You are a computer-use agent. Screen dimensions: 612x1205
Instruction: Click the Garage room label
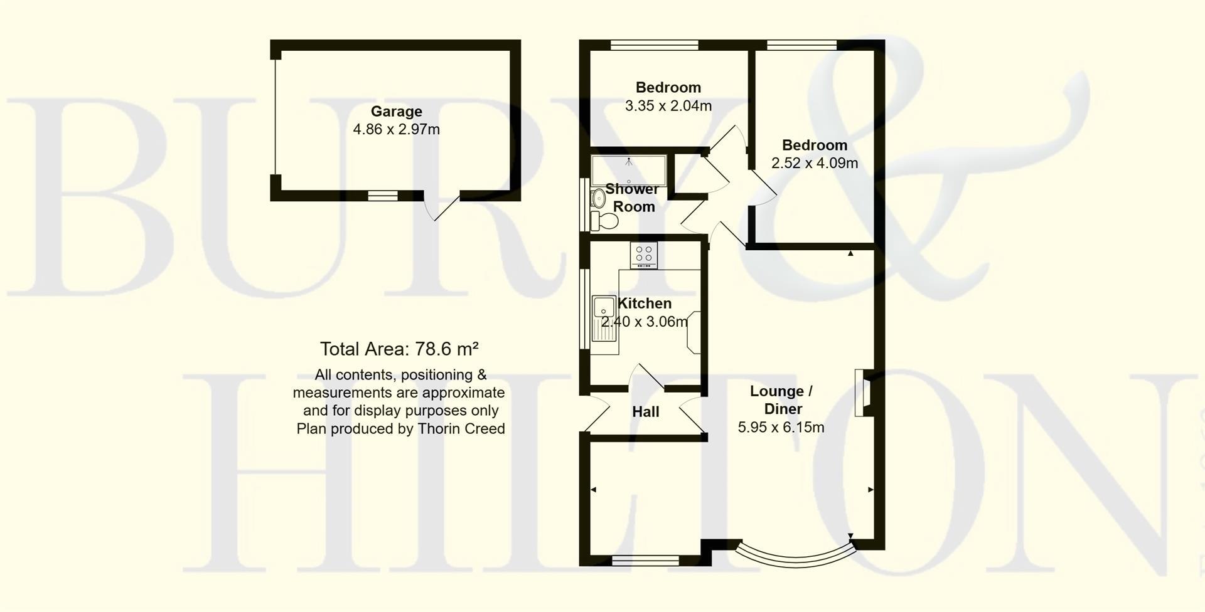tap(396, 112)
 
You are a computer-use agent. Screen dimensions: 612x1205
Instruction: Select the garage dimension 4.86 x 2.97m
tap(396, 130)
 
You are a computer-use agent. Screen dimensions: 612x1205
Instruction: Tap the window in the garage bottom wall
tap(383, 196)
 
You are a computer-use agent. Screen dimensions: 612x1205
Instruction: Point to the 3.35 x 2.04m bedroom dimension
tap(668, 106)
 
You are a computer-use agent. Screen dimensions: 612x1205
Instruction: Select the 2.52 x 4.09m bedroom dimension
tap(814, 163)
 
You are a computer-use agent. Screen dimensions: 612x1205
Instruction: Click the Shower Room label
tap(633, 198)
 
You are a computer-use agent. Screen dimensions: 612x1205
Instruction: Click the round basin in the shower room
tap(596, 199)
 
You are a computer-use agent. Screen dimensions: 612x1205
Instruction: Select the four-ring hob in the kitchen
tap(644, 255)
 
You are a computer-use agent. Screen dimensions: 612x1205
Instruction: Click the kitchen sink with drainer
tap(604, 319)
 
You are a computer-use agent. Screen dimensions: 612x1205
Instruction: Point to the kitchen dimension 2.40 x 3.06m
tap(645, 322)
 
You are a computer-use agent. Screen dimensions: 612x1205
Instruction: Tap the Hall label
tap(645, 412)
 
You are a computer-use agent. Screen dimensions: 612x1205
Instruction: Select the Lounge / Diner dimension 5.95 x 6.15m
tap(781, 428)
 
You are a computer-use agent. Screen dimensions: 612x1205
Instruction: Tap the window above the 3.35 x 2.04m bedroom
tap(655, 45)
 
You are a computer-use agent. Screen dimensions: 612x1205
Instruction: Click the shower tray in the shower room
tap(628, 169)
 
